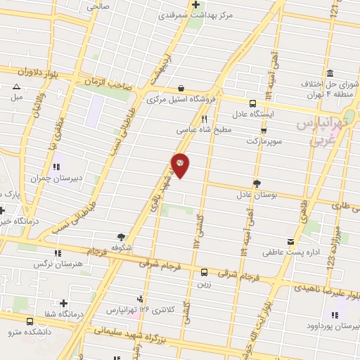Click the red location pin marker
pyautogui.click(x=181, y=164)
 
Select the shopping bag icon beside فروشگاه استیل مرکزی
pyautogui.click(x=182, y=88)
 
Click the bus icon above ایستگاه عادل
pyautogui.click(x=252, y=102)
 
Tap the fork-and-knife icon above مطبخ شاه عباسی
pyautogui.click(x=204, y=119)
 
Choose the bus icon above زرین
pyautogui.click(x=204, y=271)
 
